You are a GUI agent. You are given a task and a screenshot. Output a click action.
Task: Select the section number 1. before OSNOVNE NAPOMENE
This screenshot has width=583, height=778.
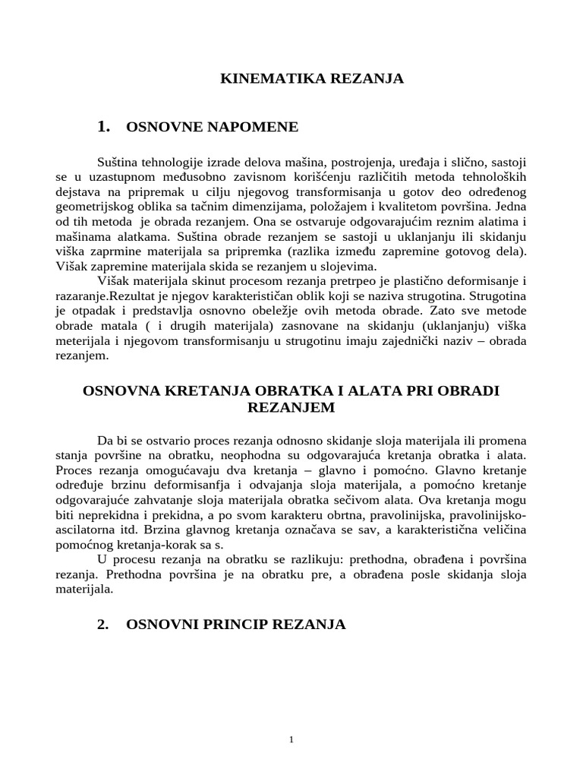point(105,127)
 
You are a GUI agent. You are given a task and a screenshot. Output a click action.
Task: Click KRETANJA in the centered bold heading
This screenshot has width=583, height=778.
point(191,391)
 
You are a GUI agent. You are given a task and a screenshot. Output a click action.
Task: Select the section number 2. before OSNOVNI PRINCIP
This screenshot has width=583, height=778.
point(104,625)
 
